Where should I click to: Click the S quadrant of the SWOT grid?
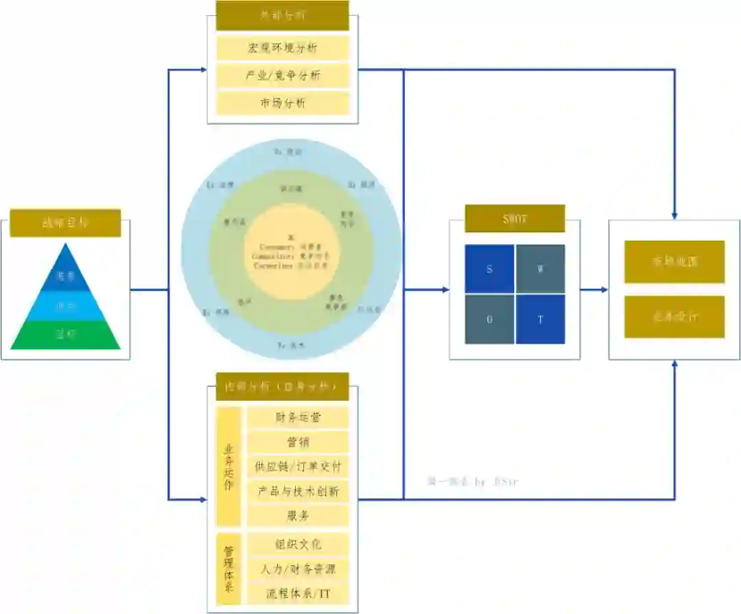[x=489, y=269]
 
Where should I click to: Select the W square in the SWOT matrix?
[x=540, y=269]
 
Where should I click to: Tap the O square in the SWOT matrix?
[x=489, y=319]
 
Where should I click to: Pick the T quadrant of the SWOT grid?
[x=540, y=319]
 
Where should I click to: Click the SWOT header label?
[x=515, y=218]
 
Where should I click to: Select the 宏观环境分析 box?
[x=283, y=48]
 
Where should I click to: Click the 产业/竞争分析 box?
[x=283, y=75]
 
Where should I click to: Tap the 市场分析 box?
[x=283, y=103]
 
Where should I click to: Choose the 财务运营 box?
[x=298, y=417]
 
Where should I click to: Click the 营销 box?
[x=298, y=442]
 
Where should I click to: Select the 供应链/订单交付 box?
[x=298, y=467]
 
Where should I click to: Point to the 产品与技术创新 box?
[x=298, y=491]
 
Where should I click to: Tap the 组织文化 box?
[x=298, y=544]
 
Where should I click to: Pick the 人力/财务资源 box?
[x=298, y=569]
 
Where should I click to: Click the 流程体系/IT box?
[x=298, y=592]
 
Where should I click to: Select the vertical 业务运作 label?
[x=229, y=467]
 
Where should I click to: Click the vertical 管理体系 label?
[x=229, y=568]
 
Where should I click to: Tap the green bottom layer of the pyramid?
[x=66, y=335]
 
